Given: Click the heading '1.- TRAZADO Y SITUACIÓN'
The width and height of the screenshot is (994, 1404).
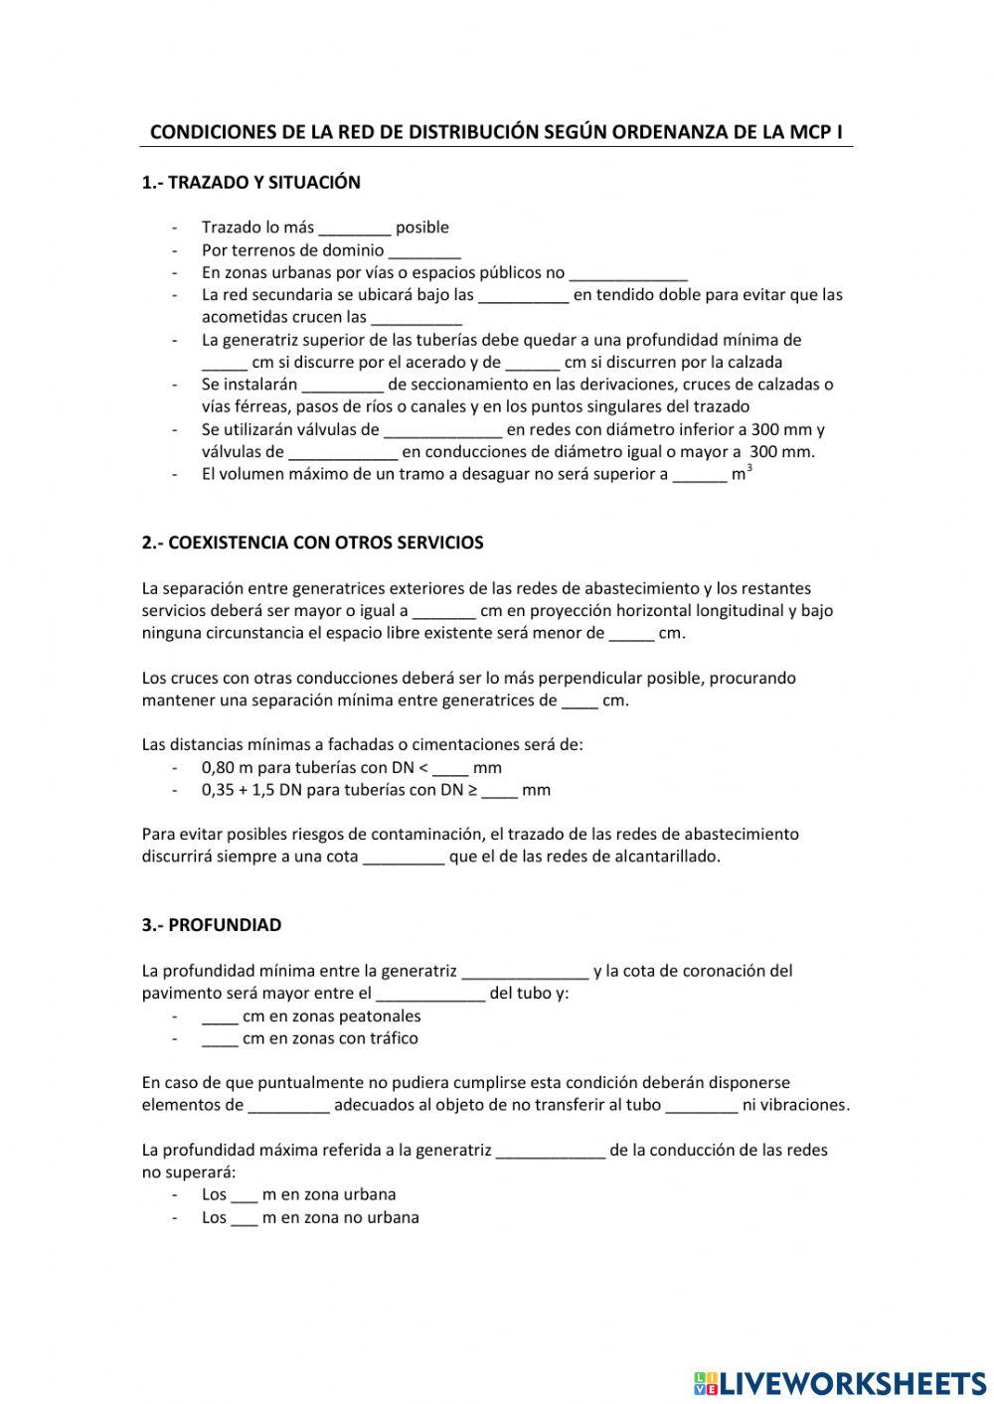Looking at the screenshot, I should coord(251,183).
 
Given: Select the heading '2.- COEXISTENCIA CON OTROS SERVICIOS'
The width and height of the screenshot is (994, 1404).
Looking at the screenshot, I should coord(313,544).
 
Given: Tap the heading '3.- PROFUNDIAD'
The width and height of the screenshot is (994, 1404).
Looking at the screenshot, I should coord(212,925).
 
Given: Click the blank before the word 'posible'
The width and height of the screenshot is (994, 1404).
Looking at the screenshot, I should coord(355,229).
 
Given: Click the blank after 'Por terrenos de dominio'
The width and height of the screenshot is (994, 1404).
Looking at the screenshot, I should coord(424,251).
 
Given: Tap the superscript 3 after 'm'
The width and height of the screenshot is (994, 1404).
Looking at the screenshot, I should coord(749,469).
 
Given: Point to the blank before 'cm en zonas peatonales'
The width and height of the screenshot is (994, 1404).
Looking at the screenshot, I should coord(220,1017).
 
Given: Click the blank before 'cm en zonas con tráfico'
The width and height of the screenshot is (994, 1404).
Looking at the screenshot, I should coord(220,1039).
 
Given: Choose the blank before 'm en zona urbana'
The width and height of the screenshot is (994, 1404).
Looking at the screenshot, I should coord(245,1195).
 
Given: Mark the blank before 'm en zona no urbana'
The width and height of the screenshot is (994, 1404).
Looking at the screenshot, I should coord(245,1218).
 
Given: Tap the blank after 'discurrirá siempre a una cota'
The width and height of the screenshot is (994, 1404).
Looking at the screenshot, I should coord(404,858).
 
